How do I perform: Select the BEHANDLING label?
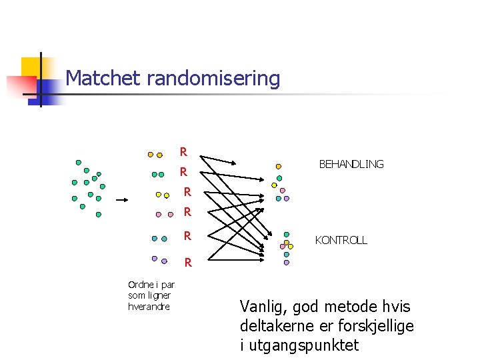point(351,164)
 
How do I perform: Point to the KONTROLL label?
point(341,240)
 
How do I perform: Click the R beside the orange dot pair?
point(183,152)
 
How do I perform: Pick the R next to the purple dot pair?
point(188,262)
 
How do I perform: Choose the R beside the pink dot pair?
point(187,213)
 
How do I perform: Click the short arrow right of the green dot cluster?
point(122,199)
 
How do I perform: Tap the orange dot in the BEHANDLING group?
point(279,167)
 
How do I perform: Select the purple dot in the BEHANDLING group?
point(287,198)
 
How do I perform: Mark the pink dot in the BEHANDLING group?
point(283,190)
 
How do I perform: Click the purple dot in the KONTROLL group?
point(287,263)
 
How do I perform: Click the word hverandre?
point(149,307)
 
